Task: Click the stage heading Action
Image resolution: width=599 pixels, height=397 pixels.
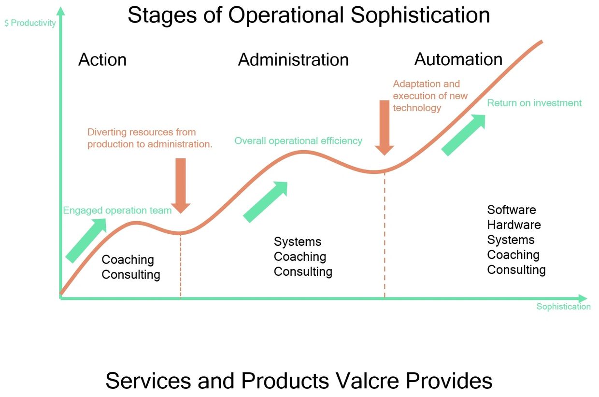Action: pos(102,60)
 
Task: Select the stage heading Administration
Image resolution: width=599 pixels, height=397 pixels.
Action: pos(293,60)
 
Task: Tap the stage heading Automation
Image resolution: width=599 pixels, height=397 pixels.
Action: pos(458,59)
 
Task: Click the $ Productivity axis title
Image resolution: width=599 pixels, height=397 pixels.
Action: pos(30,23)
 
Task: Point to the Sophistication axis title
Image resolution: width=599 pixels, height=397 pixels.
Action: pos(563,307)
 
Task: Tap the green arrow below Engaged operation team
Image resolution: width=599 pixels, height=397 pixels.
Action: pos(86,240)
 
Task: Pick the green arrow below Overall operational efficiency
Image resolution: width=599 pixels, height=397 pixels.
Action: pos(265,202)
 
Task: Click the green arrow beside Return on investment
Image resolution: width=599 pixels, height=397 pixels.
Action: pos(463,135)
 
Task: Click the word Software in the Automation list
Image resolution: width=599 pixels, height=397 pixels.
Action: pos(512,210)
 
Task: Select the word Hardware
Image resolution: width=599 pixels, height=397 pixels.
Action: pos(514,225)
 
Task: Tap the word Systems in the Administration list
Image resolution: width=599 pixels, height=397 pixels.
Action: pos(298,242)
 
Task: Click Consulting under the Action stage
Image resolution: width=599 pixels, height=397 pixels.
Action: pos(131,275)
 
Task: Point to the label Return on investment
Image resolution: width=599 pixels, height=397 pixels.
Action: pos(534,103)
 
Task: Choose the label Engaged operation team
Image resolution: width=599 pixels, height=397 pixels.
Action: pos(117,211)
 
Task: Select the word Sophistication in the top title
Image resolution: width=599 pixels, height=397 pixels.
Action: pos(421,15)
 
